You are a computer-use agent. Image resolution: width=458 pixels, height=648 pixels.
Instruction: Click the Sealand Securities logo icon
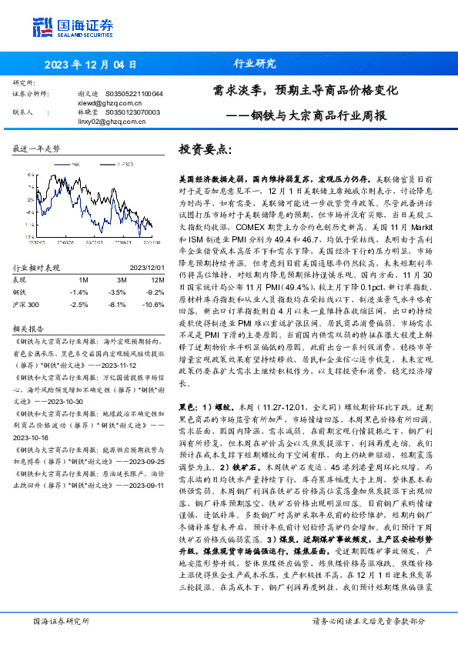[42, 26]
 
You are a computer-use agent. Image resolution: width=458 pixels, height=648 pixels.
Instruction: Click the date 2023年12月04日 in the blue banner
[90, 65]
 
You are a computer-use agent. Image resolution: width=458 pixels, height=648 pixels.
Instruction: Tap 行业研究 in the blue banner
[255, 64]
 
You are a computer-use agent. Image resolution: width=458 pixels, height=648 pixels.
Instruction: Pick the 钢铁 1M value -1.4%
[79, 292]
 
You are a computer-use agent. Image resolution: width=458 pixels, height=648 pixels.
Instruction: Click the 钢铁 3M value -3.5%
[117, 292]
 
